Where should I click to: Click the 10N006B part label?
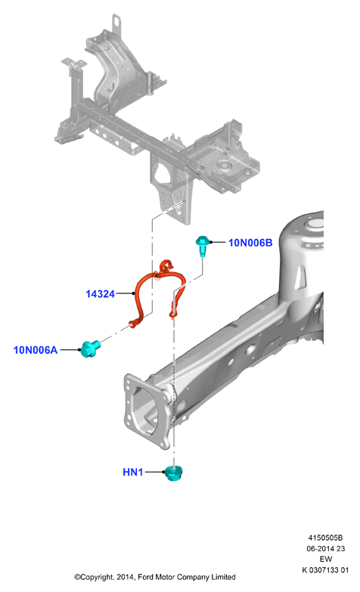pos(250,243)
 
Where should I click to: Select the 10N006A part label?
pos(36,350)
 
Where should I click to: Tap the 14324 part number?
pos(100,294)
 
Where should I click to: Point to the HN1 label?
pos(133,472)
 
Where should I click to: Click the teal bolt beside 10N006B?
pos(203,245)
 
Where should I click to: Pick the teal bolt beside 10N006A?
pos(90,348)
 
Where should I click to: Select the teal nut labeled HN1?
pos(174,473)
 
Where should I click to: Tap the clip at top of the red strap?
pos(166,266)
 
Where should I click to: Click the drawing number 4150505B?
pos(325,538)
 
